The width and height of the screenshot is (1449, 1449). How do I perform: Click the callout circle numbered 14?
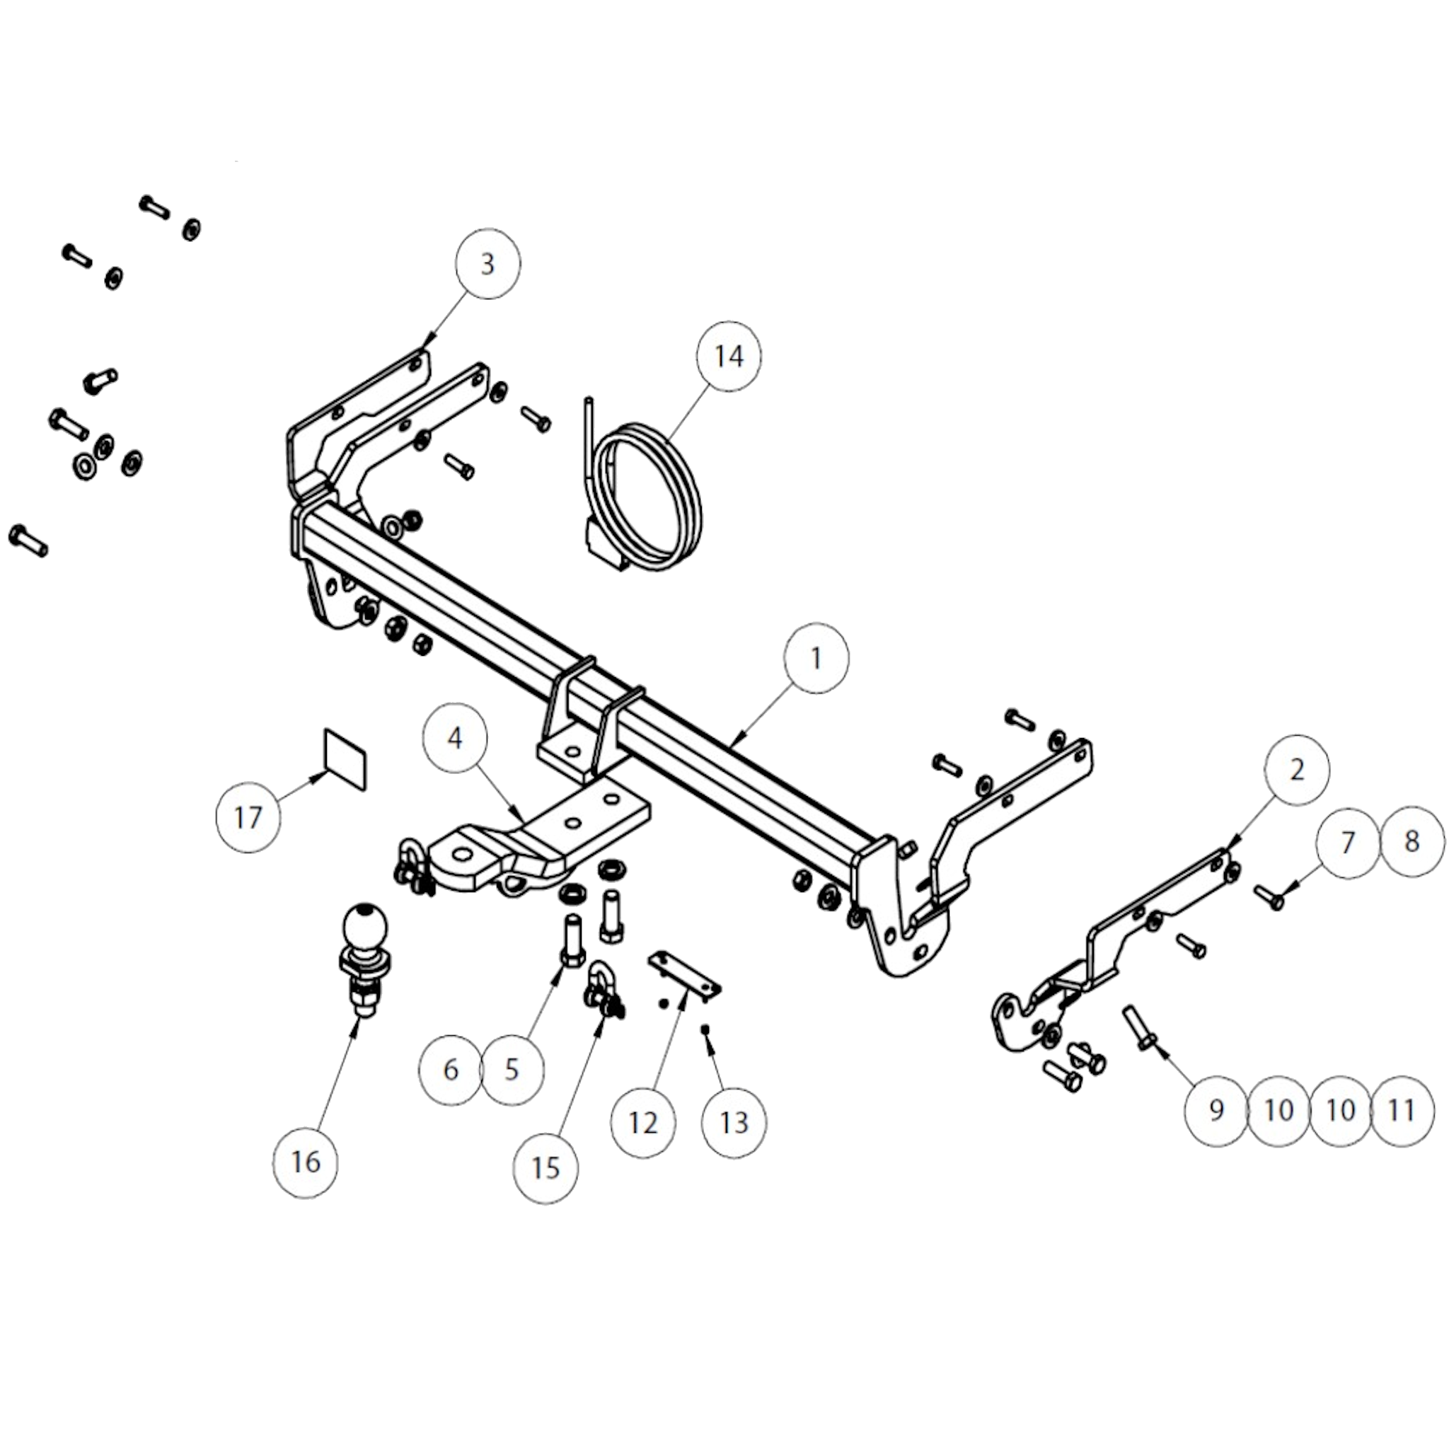729,357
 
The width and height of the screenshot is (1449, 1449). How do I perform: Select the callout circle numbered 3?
487,265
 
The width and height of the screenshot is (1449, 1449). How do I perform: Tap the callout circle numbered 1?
816,658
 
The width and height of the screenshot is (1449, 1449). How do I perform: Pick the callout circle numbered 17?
248,817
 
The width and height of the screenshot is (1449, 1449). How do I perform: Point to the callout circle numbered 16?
305,1162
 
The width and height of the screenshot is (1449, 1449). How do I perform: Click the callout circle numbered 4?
454,739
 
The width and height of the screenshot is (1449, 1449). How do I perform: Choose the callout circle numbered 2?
1297,770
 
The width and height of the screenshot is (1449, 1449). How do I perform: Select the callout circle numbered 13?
734,1123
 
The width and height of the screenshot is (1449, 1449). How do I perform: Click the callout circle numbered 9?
1216,1111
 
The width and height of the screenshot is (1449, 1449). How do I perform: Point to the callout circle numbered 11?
1401,1111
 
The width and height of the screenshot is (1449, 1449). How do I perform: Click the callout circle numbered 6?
451,1070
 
